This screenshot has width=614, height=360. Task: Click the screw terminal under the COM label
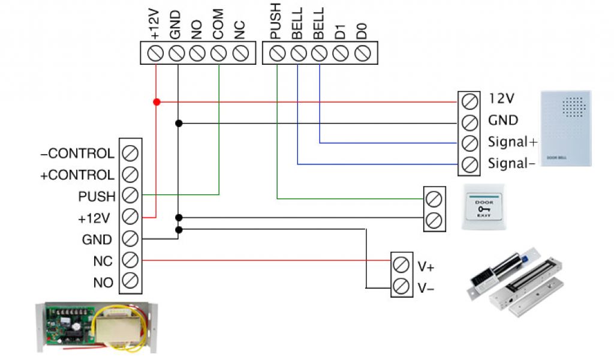pyautogui.click(x=218, y=53)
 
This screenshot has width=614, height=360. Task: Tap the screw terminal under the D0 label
pyautogui.click(x=362, y=53)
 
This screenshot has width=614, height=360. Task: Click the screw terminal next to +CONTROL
pyautogui.click(x=130, y=175)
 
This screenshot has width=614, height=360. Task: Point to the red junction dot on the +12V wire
pyautogui.click(x=156, y=102)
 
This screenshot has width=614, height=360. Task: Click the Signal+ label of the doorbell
pyautogui.click(x=512, y=142)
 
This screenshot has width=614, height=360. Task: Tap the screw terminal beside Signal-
pyautogui.click(x=470, y=163)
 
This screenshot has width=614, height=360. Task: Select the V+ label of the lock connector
pyautogui.click(x=426, y=266)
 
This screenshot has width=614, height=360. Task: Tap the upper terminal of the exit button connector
pyautogui.click(x=434, y=198)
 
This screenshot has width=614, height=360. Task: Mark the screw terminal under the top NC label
pyautogui.click(x=240, y=53)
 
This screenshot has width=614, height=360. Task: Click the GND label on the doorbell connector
pyautogui.click(x=503, y=120)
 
